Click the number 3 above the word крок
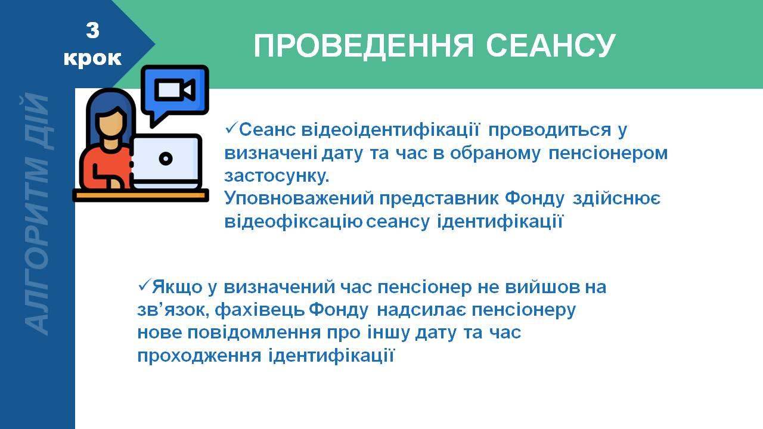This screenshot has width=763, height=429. coord(92,30)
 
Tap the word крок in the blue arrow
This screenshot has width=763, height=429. coord(92,58)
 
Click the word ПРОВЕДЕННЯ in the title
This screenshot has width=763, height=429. coord(364,46)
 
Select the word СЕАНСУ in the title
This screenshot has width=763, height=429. coord(550,45)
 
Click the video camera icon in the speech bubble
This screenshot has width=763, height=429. coord(175,90)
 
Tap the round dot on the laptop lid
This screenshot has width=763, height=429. coord(166,158)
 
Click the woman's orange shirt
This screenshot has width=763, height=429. coord(106,167)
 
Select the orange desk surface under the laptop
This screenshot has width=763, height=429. coord(141,195)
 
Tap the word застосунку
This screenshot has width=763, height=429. coord(277,176)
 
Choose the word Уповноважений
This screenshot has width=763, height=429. coord(299,198)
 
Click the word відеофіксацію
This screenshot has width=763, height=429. coord(293,222)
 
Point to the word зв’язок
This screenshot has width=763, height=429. coord(173,310)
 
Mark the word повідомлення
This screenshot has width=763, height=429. coord(254,332)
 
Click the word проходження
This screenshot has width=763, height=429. coord(200,356)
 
